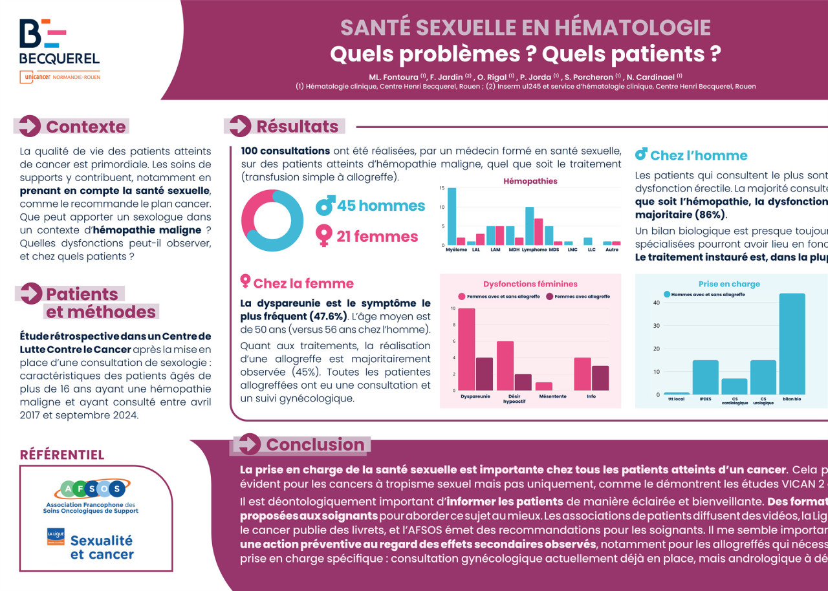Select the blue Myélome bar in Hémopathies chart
[452, 216]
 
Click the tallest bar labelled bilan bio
[792, 343]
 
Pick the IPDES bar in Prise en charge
[705, 376]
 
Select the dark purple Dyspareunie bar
[484, 374]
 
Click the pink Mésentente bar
[544, 386]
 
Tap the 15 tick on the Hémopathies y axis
[442, 188]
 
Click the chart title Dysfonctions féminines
[530, 283]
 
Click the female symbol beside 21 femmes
[323, 235]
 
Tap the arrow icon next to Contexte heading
[30, 125]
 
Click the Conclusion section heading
[315, 444]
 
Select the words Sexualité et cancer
[102, 547]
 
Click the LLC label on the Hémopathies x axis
[591, 250]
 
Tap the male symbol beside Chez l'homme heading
[641, 155]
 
